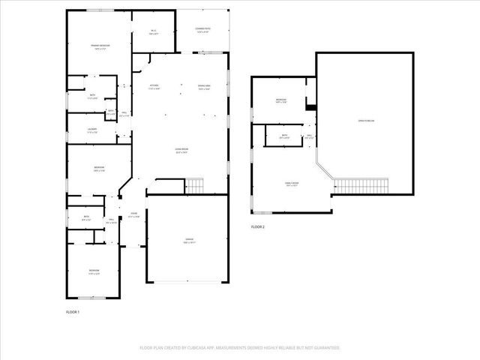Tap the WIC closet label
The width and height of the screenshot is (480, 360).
pos(154,32)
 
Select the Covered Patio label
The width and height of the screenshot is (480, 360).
pos(203,31)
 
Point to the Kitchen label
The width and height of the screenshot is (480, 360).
pos(154,86)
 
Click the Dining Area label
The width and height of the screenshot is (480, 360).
pos(203,86)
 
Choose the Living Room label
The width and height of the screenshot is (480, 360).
pos(181,151)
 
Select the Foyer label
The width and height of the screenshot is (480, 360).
pos(133,215)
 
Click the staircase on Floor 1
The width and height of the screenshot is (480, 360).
pos(194,184)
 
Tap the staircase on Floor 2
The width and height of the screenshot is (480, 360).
pos(361,185)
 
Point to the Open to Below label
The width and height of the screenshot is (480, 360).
pos(365,121)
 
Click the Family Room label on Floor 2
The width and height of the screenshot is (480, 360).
pos(292,184)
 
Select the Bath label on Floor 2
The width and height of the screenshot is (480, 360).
pos(284,137)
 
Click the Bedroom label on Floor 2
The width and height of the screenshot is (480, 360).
pos(281,101)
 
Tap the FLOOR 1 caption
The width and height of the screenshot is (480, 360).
pos(73,311)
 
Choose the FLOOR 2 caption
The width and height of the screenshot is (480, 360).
pos(258,226)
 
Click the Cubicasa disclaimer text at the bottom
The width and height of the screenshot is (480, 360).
pos(240,348)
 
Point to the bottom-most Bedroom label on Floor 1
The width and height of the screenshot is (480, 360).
pos(94,271)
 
